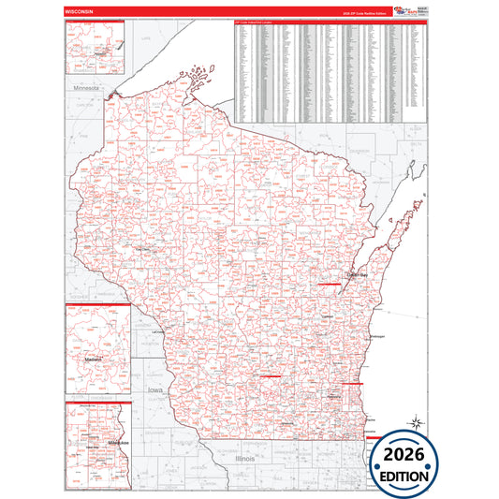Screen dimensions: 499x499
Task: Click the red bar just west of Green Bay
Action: tap(330, 281)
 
